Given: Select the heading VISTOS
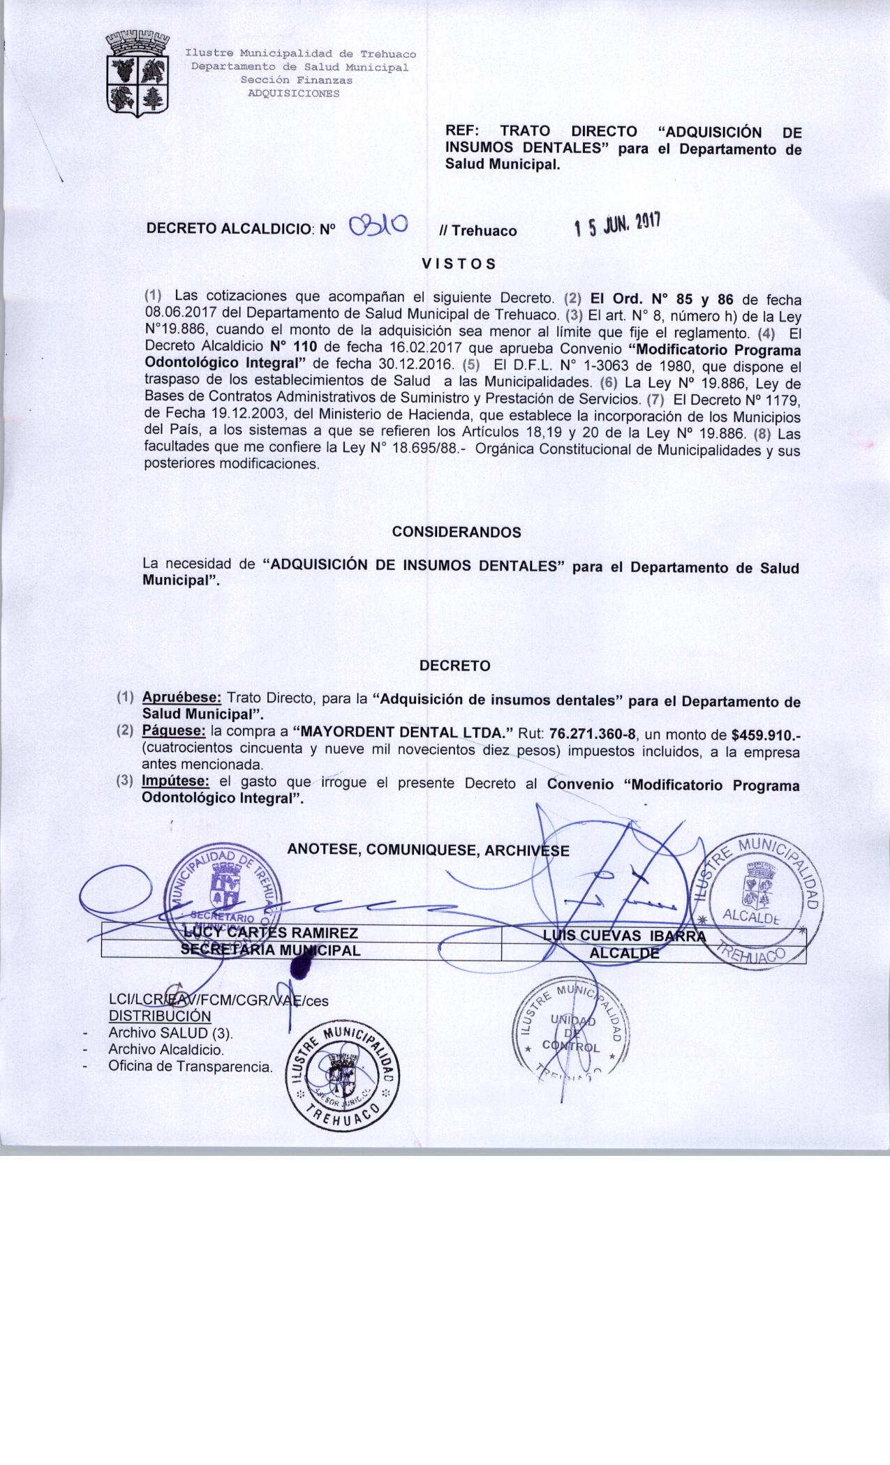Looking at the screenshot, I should pyautogui.click(x=459, y=264).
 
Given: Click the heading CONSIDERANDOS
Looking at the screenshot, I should pyautogui.click(x=457, y=532).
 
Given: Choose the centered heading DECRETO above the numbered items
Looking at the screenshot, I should pyautogui.click(x=455, y=666).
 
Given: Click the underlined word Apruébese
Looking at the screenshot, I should pyautogui.click(x=181, y=698).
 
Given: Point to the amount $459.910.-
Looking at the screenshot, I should pyautogui.click(x=766, y=734).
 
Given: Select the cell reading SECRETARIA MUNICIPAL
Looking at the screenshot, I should pyautogui.click(x=271, y=950).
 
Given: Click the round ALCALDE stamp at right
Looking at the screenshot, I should pyautogui.click(x=762, y=902).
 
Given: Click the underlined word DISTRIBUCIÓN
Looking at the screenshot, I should pyautogui.click(x=160, y=1016).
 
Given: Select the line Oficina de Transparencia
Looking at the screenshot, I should pyautogui.click(x=190, y=1067).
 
